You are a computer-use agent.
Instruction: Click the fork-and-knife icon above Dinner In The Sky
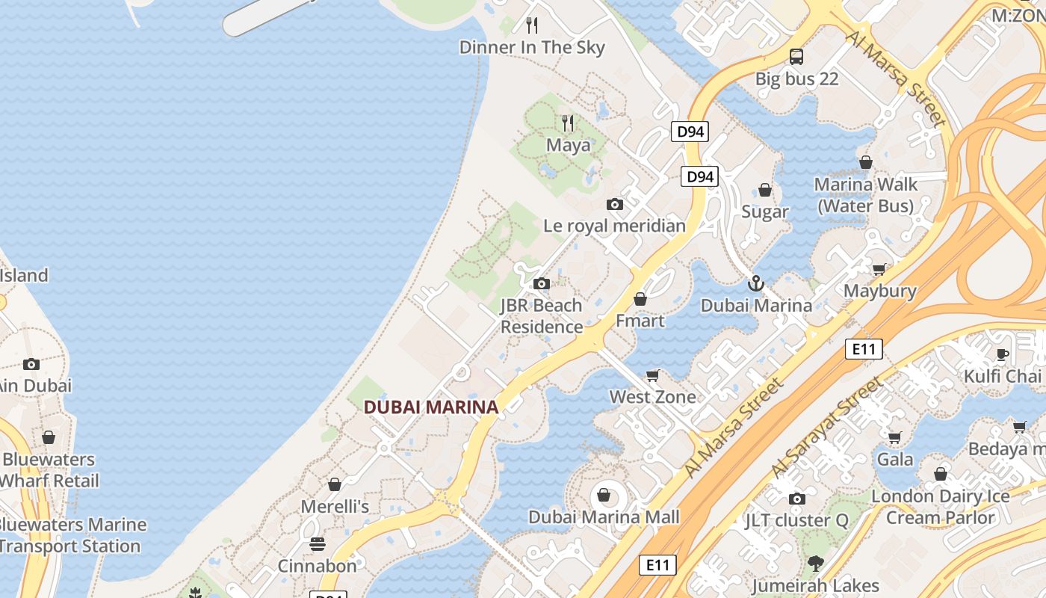532,25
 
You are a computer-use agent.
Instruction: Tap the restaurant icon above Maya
568,123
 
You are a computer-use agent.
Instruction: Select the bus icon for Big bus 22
796,56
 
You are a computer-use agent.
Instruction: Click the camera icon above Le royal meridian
614,204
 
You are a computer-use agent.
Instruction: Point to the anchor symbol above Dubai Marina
756,283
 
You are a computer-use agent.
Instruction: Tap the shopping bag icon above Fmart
640,299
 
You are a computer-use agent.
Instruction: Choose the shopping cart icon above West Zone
653,375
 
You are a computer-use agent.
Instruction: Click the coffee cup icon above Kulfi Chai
1003,354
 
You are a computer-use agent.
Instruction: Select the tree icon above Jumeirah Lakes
815,564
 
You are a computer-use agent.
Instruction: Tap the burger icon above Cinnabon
318,543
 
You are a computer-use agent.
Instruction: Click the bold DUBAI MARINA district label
430,407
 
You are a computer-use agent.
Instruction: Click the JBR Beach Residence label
542,316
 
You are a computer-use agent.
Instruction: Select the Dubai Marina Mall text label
604,517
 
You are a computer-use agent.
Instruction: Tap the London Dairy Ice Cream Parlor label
941,507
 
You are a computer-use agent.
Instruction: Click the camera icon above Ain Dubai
31,364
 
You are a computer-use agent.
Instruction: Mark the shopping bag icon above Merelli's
335,484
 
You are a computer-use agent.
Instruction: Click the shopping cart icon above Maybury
879,269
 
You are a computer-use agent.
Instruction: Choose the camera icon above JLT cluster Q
797,499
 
